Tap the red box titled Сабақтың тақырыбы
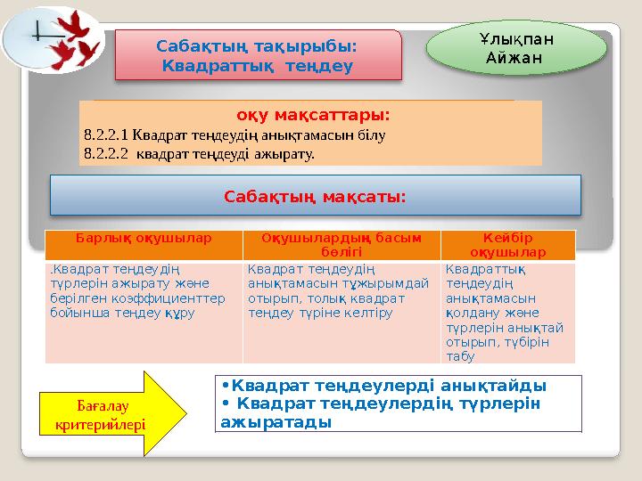(256, 55)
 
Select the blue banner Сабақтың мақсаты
(314, 195)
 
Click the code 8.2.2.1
(105, 136)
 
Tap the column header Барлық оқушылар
(143, 240)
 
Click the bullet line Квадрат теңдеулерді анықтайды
(388, 386)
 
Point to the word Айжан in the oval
(515, 59)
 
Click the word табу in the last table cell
(462, 356)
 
